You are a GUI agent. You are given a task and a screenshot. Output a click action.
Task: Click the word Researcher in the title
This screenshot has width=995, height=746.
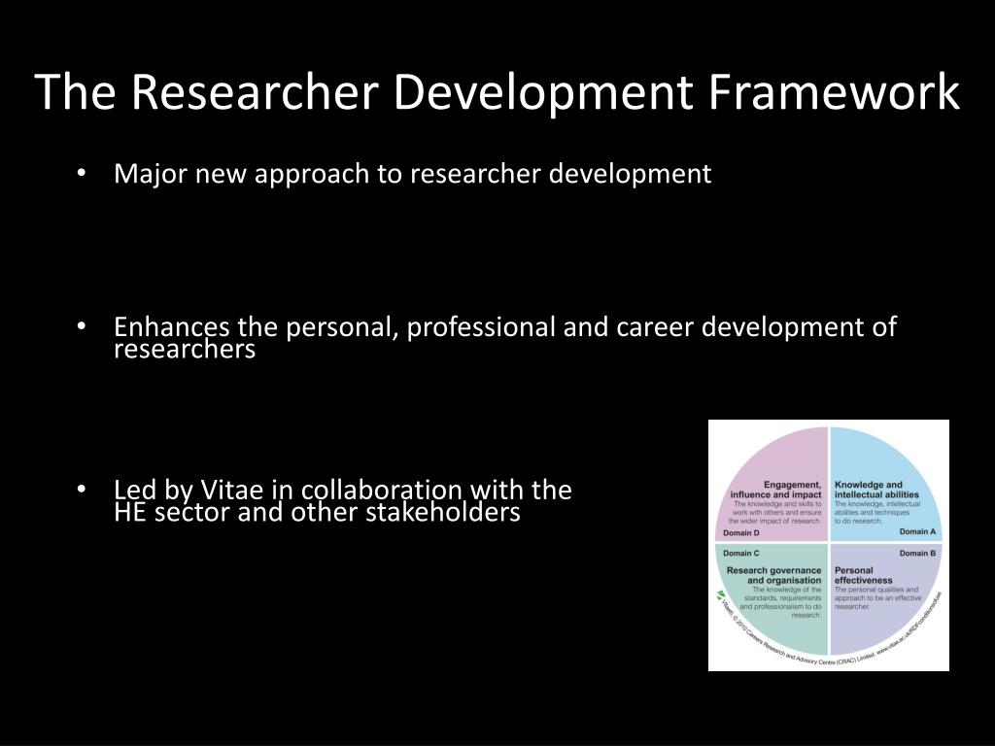(254, 93)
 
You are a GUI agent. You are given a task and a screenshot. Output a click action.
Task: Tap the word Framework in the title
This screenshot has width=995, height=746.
(833, 93)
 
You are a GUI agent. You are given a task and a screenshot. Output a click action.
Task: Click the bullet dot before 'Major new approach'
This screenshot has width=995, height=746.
(83, 174)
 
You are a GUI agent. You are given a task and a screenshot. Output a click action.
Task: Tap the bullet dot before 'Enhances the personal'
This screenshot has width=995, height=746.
(83, 327)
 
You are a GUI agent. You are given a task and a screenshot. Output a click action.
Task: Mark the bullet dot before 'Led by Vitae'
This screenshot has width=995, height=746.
(83, 490)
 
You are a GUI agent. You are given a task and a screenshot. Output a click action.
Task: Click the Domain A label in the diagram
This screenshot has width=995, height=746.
(917, 532)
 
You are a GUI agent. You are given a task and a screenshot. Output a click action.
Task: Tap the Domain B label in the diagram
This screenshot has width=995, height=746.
(917, 553)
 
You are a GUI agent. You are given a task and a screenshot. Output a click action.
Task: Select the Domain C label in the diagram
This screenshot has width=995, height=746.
(741, 553)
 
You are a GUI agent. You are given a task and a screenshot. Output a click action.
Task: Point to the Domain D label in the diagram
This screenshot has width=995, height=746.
(741, 532)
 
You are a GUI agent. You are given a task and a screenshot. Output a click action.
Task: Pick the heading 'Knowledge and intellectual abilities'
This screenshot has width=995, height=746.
(875, 489)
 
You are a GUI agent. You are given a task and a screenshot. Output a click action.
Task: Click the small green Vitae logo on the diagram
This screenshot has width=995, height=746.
(720, 594)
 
